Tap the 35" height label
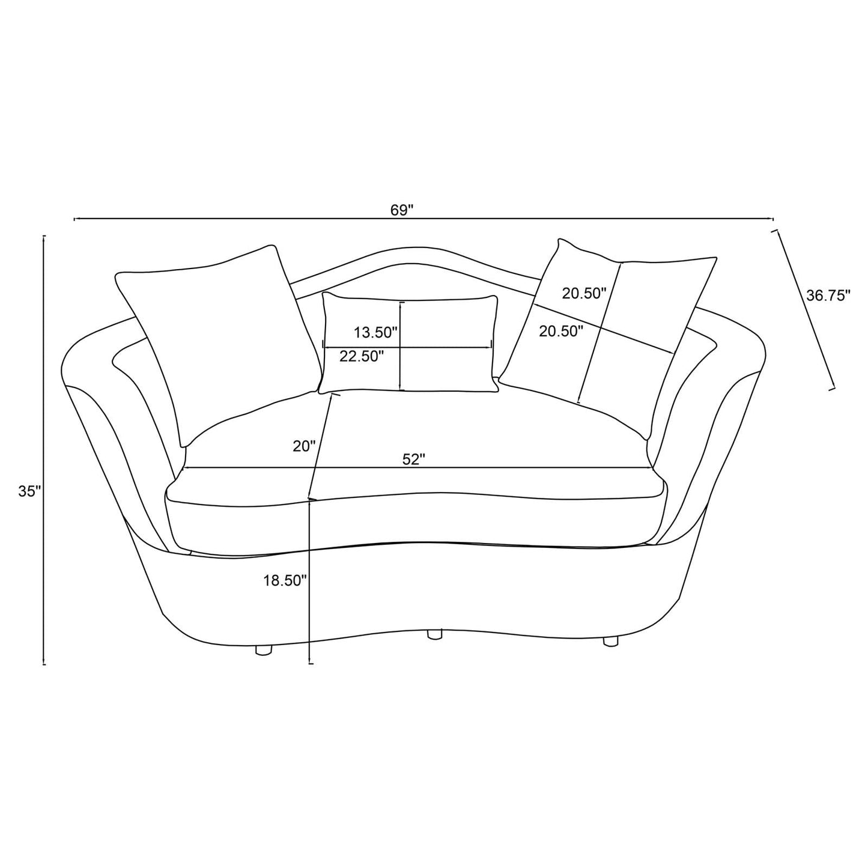click(x=29, y=491)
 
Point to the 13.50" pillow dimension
click(x=376, y=332)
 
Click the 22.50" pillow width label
click(x=362, y=356)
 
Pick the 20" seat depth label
click(x=304, y=446)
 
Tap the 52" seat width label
click(x=413, y=459)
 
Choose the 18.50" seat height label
click(x=285, y=580)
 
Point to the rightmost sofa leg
click(x=610, y=641)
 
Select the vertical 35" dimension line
click(x=44, y=451)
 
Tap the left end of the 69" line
click(x=74, y=219)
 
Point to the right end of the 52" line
click(x=652, y=467)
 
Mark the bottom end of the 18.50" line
click(x=309, y=663)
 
